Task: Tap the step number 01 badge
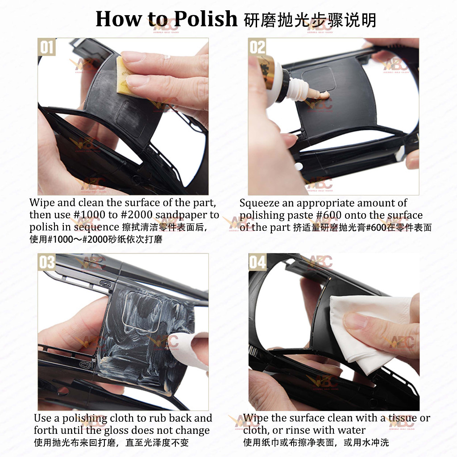coord(46,47)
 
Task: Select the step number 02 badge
coord(257,47)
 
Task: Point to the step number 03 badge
coord(46,262)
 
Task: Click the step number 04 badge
coord(258,262)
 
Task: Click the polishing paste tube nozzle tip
coord(326,95)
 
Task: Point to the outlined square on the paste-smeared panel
coord(142,311)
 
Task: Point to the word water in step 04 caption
coord(351,430)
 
